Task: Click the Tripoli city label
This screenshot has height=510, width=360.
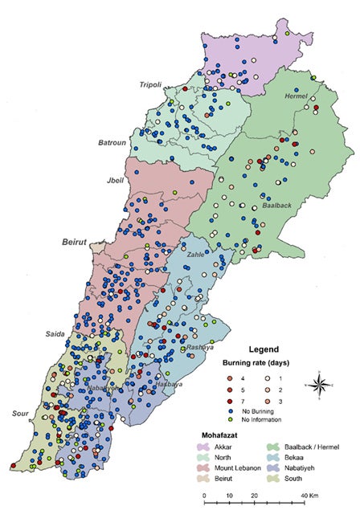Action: (x=152, y=84)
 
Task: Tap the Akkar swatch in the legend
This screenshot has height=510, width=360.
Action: (x=204, y=446)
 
